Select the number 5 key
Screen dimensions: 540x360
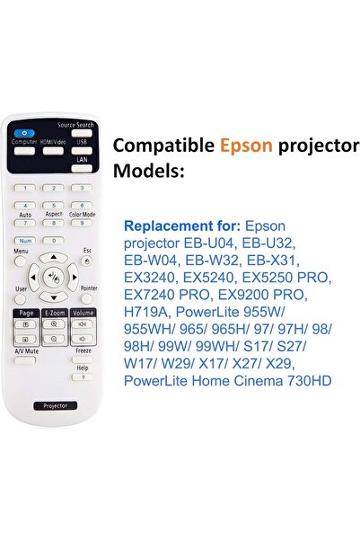coord(53,206)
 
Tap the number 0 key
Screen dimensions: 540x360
coord(53,241)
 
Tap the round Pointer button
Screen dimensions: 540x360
coord(87,299)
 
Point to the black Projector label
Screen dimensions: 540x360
coord(53,406)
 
